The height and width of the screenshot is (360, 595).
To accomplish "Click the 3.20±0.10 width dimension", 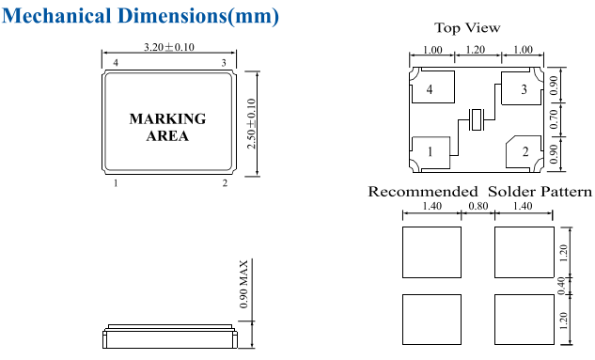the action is [x=169, y=47].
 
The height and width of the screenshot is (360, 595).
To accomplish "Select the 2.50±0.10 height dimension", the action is [x=251, y=124].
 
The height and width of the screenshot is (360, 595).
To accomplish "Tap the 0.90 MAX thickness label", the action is [x=243, y=284].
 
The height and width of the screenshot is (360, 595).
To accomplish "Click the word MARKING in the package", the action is [x=167, y=118].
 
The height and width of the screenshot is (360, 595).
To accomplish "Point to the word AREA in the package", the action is [x=167, y=135].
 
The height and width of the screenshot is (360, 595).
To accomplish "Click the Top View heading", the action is [x=467, y=27].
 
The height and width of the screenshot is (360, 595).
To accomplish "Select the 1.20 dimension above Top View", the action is [x=475, y=50].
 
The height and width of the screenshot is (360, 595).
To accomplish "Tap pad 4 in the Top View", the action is [x=433, y=86].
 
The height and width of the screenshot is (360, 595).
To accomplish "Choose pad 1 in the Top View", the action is [x=431, y=152].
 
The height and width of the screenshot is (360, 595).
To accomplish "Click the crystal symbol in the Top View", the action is [x=476, y=120].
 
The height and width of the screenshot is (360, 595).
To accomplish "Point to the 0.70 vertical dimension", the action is [x=554, y=119].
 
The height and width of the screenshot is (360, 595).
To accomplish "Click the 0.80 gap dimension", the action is [x=478, y=206].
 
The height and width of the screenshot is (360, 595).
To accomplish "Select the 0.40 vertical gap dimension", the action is [x=561, y=286].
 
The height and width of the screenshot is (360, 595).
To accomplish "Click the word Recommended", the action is [x=423, y=192].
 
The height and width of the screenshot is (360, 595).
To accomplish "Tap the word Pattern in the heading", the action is [x=567, y=192].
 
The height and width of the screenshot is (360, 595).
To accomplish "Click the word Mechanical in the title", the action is [x=56, y=16].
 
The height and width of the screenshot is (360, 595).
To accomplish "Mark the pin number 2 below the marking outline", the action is [x=225, y=183].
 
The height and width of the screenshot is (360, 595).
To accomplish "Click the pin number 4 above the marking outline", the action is [x=116, y=63].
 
